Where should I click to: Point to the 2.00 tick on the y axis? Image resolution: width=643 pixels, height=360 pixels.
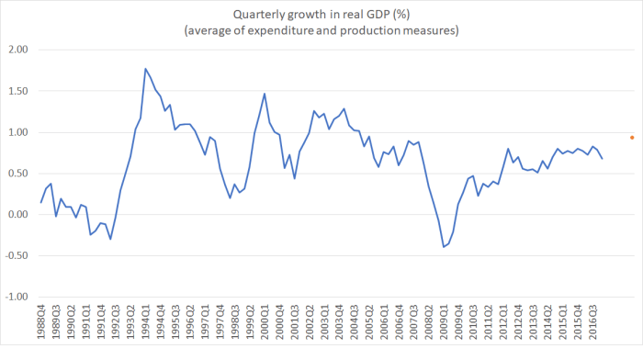tap(17, 50)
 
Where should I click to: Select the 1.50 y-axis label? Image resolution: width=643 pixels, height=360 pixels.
tap(17, 91)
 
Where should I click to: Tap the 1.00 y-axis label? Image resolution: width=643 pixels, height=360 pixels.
tap(17, 132)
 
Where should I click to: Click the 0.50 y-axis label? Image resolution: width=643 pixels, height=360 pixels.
tap(17, 174)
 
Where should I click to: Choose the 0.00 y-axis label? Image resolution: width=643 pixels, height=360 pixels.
tap(17, 215)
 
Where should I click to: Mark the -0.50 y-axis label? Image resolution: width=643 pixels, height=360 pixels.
tap(16, 256)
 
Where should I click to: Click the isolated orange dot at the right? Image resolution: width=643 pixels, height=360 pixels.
tap(631, 138)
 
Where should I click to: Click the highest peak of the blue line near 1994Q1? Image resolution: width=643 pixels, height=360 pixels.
tap(145, 69)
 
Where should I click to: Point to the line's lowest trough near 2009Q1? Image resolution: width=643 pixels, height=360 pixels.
tap(444, 247)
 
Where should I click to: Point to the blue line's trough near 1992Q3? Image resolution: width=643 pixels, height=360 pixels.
tap(110, 239)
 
